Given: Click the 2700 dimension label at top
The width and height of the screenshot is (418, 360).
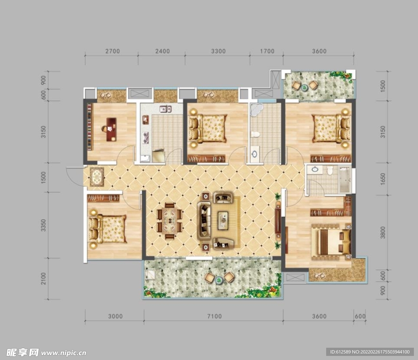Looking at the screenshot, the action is [x=113, y=51].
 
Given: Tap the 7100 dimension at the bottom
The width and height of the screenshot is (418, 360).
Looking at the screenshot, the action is [x=214, y=316].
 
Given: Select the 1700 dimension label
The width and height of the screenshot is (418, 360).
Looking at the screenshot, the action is [x=267, y=51].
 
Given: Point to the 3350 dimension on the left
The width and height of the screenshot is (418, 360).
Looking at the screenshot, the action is [x=43, y=225].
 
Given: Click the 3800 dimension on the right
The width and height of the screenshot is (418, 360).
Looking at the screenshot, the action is [x=383, y=233].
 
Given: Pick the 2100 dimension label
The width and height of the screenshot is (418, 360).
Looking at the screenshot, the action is [x=43, y=279].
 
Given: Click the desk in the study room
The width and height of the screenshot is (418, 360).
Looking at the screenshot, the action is [x=111, y=130].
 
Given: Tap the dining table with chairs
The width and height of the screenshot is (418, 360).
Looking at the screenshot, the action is [x=169, y=220].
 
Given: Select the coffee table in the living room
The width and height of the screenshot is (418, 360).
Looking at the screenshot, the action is [x=223, y=220].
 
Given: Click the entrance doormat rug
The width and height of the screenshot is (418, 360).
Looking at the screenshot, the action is [x=97, y=177].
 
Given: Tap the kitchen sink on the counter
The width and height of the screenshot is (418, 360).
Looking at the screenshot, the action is [x=166, y=109].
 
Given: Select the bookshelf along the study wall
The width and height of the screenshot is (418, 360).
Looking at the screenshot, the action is [x=89, y=127].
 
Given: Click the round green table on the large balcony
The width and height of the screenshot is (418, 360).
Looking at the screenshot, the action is [x=219, y=280].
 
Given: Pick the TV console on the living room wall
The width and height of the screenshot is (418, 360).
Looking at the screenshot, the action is [x=278, y=220].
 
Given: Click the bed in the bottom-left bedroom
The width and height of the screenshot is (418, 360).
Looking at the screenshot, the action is [x=107, y=229].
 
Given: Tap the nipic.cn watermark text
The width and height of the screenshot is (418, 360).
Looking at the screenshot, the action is [x=64, y=353].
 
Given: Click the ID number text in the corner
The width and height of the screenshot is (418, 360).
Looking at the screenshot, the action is [x=369, y=352].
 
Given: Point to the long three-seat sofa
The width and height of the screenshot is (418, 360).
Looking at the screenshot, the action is [x=204, y=220].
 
